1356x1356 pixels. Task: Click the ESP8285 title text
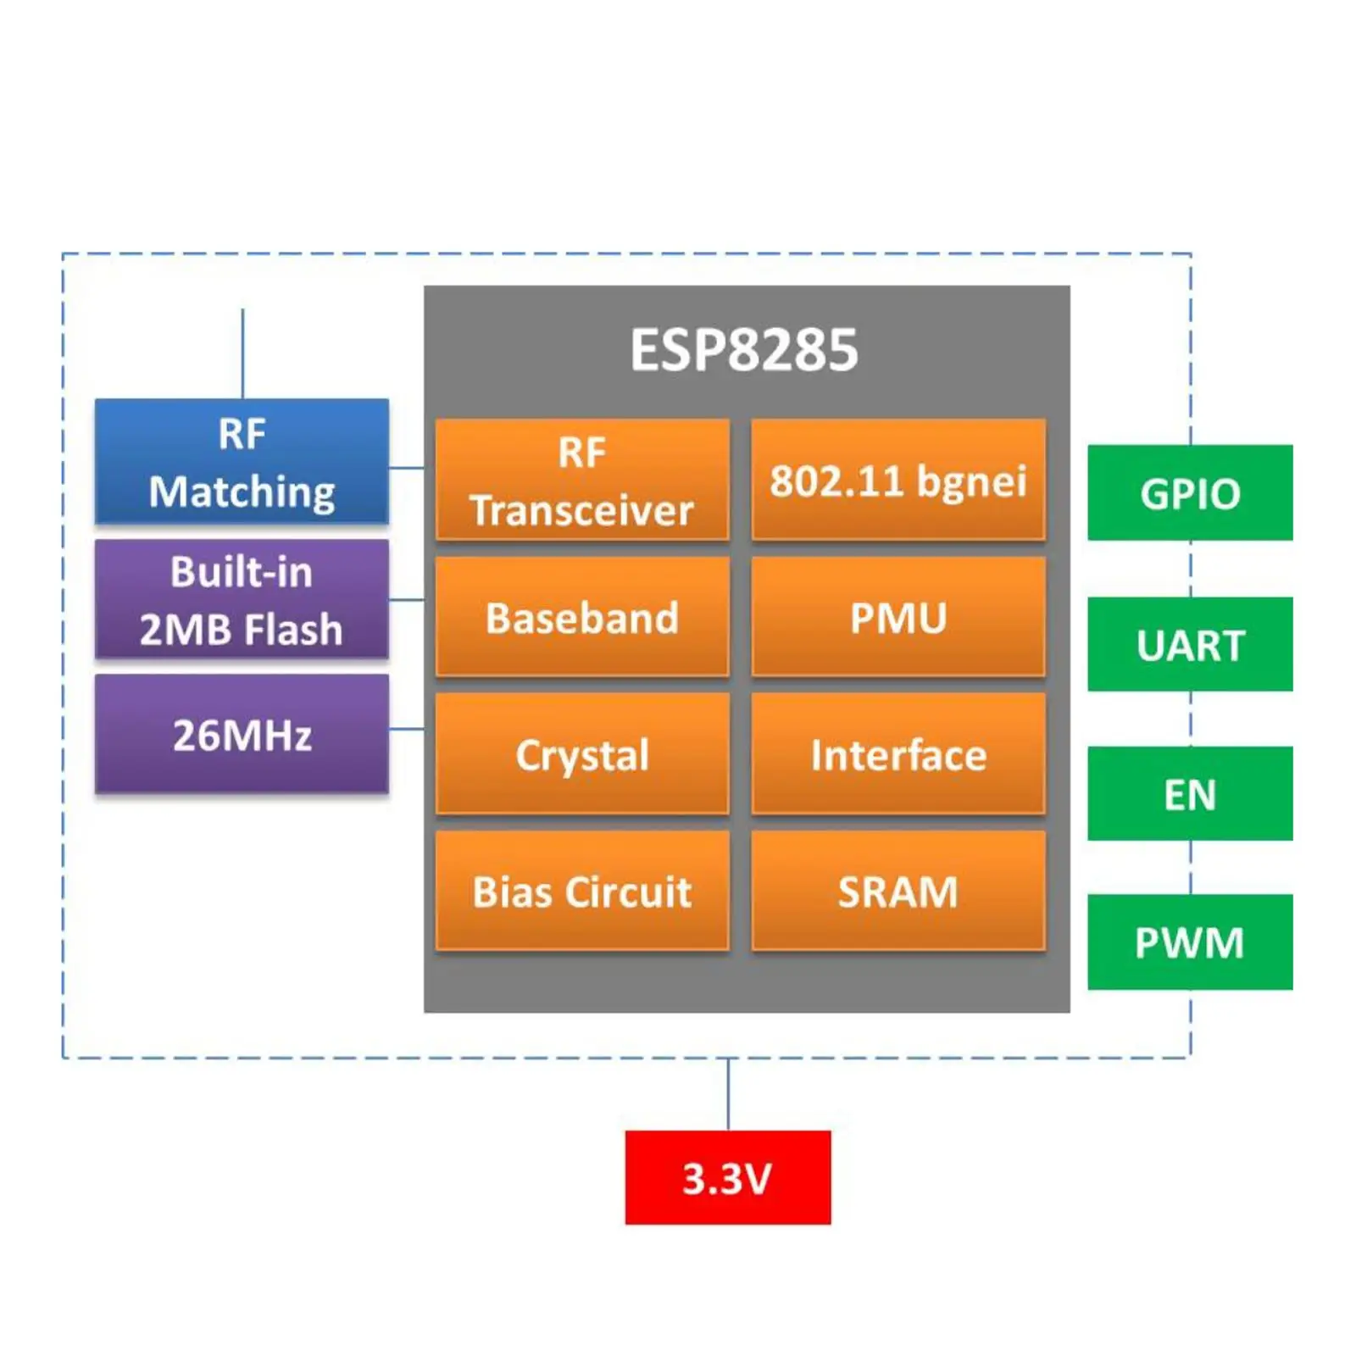743,349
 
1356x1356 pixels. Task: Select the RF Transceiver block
581,480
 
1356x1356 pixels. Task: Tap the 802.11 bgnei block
898,480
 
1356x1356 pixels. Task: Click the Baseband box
581,616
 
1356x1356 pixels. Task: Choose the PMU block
898,616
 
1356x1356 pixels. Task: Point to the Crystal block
581,753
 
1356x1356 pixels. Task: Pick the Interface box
898,753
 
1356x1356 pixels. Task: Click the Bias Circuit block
581,890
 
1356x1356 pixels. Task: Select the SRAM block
898,890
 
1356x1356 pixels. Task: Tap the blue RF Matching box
242,461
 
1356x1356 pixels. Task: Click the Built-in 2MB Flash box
242,599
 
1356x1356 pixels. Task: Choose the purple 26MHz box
242,734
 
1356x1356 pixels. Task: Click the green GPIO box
1189,492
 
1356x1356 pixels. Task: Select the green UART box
1189,644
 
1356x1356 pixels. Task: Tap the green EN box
1189,793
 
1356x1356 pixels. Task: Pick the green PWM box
1189,942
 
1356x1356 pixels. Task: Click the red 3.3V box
727,1176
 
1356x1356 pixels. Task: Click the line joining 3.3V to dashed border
727,1093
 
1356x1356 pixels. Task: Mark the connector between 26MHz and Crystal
406,728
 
